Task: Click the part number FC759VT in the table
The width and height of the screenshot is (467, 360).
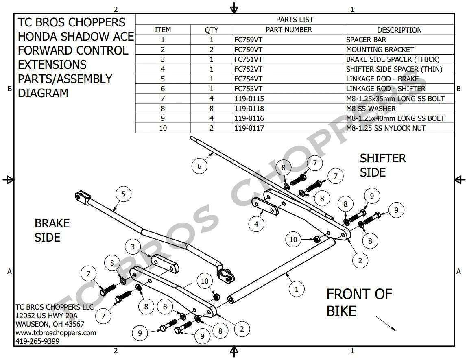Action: (x=248, y=40)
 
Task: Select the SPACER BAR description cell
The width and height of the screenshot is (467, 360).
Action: (x=366, y=40)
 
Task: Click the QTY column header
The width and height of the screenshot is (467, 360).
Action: (x=212, y=30)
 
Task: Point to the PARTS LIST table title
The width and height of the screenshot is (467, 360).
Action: (x=295, y=20)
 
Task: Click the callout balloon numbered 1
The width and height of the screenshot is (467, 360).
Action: (x=297, y=289)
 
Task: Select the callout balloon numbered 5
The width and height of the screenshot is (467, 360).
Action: (x=124, y=194)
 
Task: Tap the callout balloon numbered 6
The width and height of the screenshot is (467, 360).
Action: (x=199, y=166)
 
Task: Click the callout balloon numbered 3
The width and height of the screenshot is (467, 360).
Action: (x=133, y=247)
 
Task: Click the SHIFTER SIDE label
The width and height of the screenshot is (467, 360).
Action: (x=382, y=165)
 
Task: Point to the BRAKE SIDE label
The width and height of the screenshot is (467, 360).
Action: (x=52, y=230)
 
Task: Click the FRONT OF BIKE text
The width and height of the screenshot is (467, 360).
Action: (x=359, y=302)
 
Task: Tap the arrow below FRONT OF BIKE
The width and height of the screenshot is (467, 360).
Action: (x=385, y=323)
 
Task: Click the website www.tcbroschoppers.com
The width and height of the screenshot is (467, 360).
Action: (x=56, y=333)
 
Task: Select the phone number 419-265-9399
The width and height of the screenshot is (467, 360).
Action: (x=37, y=341)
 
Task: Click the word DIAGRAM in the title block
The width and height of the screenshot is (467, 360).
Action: (x=43, y=93)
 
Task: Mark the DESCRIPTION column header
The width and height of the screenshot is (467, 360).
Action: (x=399, y=30)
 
